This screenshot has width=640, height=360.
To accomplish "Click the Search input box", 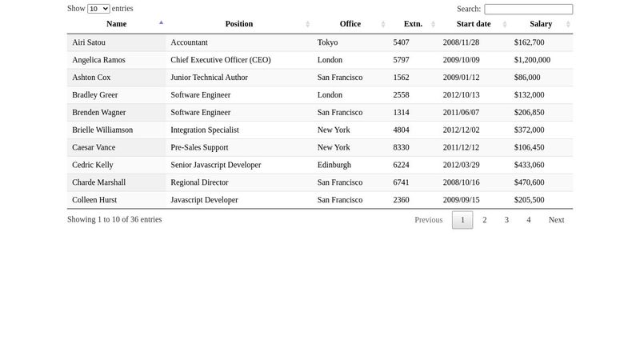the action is click(x=528, y=9).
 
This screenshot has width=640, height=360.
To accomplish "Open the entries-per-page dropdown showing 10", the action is click(x=98, y=9).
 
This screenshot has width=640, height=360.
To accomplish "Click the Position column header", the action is click(x=239, y=24).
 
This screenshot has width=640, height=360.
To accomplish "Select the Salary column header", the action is click(x=541, y=24).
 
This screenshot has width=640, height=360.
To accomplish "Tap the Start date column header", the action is click(x=474, y=24).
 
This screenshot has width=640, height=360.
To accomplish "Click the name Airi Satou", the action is click(x=89, y=42).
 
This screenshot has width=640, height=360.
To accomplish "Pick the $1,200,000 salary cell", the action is click(x=532, y=60).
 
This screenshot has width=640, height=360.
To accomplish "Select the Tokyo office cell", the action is click(x=327, y=42).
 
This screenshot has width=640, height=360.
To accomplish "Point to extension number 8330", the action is click(x=401, y=147).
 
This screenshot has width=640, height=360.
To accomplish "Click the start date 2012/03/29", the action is click(x=461, y=165).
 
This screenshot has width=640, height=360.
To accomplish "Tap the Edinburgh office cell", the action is click(x=334, y=165).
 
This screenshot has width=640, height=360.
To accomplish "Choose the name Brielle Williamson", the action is click(x=102, y=130).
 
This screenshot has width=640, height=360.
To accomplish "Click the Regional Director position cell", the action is click(x=199, y=182).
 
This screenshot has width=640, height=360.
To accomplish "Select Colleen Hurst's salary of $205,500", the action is click(x=529, y=200).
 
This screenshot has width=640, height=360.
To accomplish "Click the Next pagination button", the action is click(x=556, y=220).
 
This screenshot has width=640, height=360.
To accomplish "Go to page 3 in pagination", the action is click(x=506, y=220).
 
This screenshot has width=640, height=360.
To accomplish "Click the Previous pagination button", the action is click(x=428, y=220).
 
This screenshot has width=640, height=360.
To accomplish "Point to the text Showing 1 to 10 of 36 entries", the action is click(x=114, y=219).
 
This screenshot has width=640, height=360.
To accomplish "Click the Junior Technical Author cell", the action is click(x=209, y=78).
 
